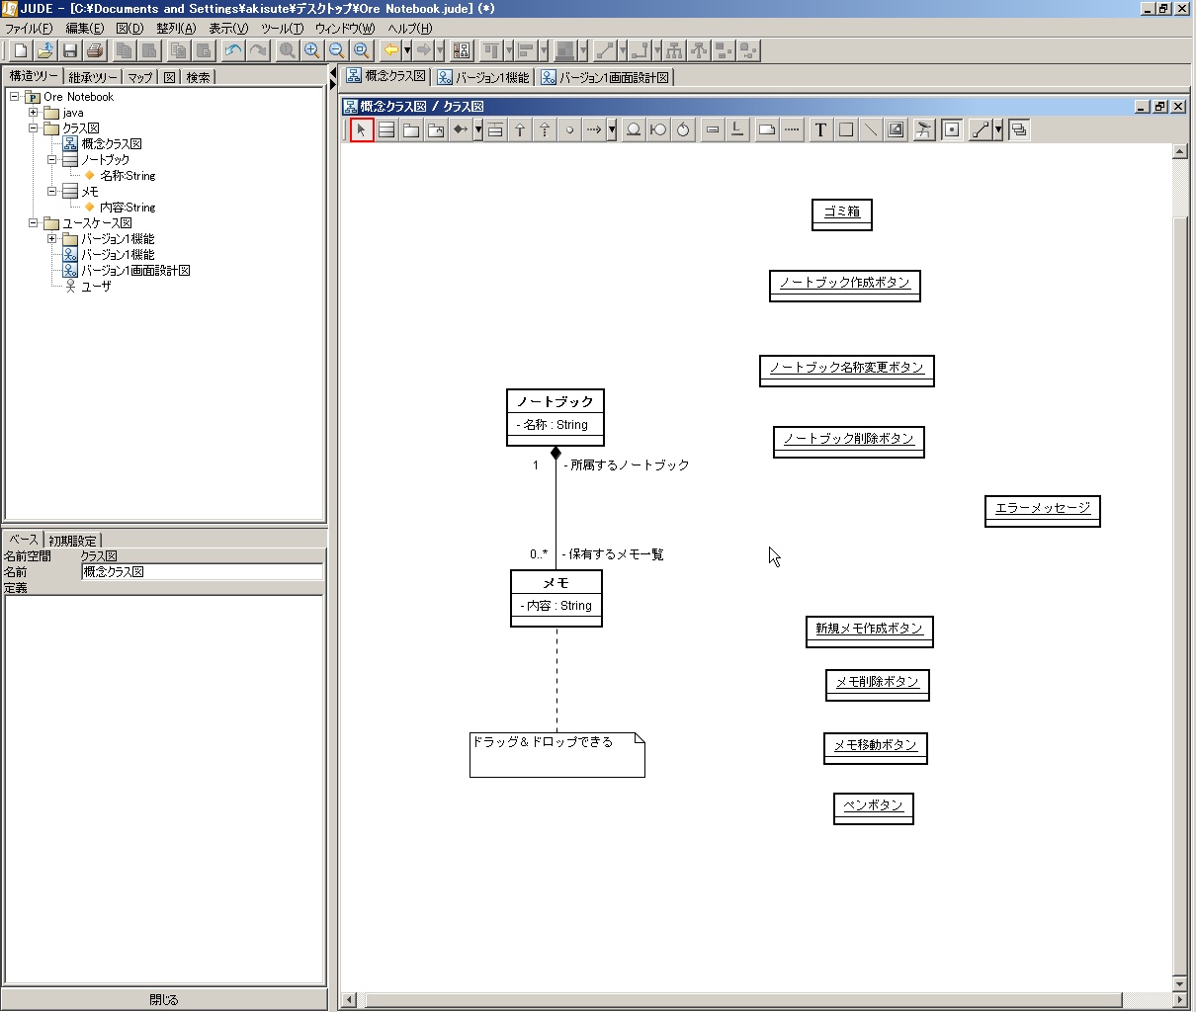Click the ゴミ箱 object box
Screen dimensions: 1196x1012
pyautogui.click(x=841, y=214)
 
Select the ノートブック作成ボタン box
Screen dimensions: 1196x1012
pyautogui.click(x=844, y=286)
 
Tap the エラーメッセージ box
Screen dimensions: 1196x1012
pyautogui.click(x=1042, y=512)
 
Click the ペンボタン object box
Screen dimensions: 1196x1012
pyautogui.click(x=873, y=808)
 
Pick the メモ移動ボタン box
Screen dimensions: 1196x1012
pyautogui.click(x=875, y=748)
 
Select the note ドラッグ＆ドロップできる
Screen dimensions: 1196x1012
pyautogui.click(x=557, y=755)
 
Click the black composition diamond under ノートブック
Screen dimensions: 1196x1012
pyautogui.click(x=555, y=453)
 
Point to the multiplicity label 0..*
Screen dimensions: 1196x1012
pyautogui.click(x=538, y=554)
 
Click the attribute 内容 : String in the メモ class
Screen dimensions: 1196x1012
pyautogui.click(x=555, y=606)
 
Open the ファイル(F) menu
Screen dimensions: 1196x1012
pyautogui.click(x=29, y=29)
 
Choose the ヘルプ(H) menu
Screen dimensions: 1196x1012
pyautogui.click(x=409, y=29)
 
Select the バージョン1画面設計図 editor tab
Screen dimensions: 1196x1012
pyautogui.click(x=605, y=77)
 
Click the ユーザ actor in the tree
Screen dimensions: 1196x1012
pyautogui.click(x=89, y=287)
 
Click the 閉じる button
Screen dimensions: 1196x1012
pyautogui.click(x=164, y=999)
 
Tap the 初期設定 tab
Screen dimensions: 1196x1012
pyautogui.click(x=72, y=541)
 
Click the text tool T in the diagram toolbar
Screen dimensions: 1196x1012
pyautogui.click(x=819, y=129)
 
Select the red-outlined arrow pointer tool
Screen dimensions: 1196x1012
pyautogui.click(x=362, y=129)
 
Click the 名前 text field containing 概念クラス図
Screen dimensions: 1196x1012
pyautogui.click(x=202, y=571)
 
